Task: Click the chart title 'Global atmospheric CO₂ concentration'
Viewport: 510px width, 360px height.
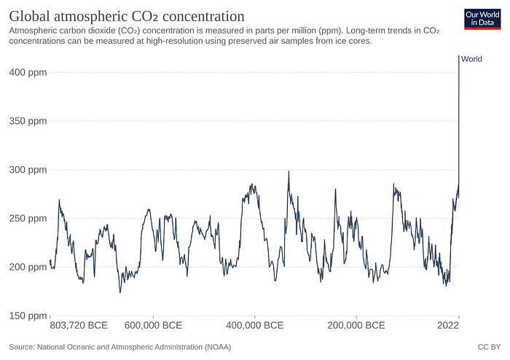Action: (126, 15)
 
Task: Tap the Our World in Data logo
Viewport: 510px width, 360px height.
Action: (482, 18)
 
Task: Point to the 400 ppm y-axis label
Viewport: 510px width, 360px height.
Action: (27, 72)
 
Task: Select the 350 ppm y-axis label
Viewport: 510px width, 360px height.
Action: (27, 121)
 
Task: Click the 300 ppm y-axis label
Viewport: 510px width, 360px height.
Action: (27, 170)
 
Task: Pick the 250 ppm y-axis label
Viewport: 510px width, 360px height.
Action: (27, 219)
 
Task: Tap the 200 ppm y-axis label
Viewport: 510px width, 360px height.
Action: (27, 267)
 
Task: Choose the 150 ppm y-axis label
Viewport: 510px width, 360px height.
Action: (27, 316)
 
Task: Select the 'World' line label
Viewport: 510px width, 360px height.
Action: (472, 59)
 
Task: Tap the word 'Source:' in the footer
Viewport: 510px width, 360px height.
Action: (24, 348)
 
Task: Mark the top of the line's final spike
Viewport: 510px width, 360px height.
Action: (458, 56)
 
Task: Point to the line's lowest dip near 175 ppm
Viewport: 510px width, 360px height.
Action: (120, 292)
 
